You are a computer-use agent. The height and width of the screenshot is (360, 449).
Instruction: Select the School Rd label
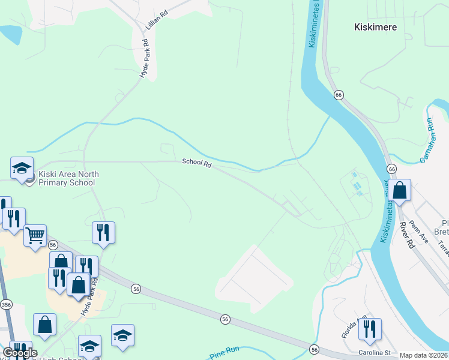(x=197, y=163)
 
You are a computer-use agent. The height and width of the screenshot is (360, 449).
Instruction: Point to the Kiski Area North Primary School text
(x=68, y=178)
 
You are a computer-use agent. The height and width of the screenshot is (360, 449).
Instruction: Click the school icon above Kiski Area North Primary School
(x=22, y=168)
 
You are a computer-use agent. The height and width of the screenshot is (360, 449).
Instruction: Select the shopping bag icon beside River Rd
(x=399, y=191)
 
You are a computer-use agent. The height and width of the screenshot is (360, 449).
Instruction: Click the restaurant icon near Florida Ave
(x=370, y=329)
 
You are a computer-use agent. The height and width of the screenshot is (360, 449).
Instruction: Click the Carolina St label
(x=375, y=352)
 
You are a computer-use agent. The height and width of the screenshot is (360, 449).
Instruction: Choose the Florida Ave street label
(x=354, y=328)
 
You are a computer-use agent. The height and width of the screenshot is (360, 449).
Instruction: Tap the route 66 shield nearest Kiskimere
(x=339, y=95)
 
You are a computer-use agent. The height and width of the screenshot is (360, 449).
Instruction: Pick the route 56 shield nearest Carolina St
(x=314, y=349)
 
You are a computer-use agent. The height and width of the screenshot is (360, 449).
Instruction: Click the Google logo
(x=20, y=352)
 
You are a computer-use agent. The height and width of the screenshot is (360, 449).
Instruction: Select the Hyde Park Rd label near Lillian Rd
(x=144, y=58)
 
